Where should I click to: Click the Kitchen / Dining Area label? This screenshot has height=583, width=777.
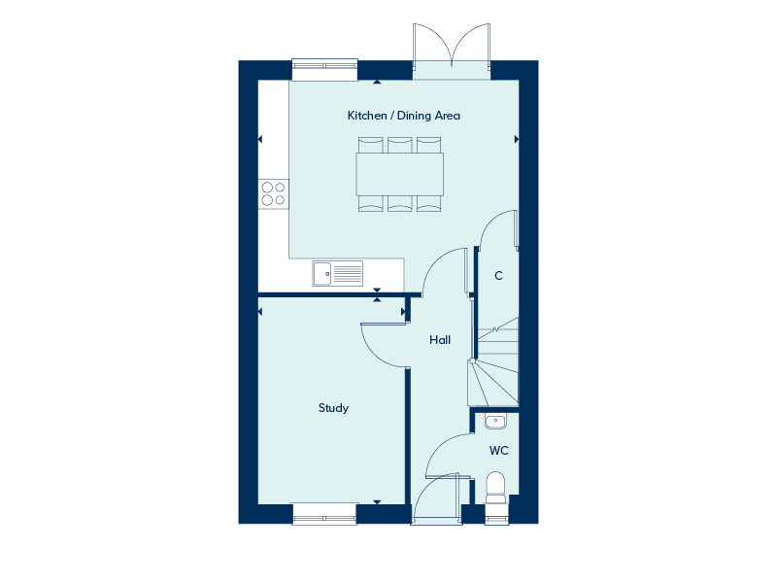[403, 116]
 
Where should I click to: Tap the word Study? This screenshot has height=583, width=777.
[333, 408]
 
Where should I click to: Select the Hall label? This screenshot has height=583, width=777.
[440, 339]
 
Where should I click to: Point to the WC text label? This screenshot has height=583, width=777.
[498, 451]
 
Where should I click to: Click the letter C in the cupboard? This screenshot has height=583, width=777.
[498, 276]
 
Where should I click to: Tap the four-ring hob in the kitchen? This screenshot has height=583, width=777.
[274, 193]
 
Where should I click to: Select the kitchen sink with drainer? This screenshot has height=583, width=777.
[337, 274]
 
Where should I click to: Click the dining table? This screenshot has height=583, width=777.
[399, 174]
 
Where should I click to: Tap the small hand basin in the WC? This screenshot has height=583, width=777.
[495, 422]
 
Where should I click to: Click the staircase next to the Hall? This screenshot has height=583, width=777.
[493, 361]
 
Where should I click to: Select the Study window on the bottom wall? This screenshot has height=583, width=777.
[324, 514]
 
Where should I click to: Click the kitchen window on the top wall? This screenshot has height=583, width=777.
[324, 69]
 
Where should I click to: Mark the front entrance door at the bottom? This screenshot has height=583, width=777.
[436, 498]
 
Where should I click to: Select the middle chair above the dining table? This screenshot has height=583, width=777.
[400, 145]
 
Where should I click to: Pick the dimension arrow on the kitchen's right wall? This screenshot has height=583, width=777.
[517, 139]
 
